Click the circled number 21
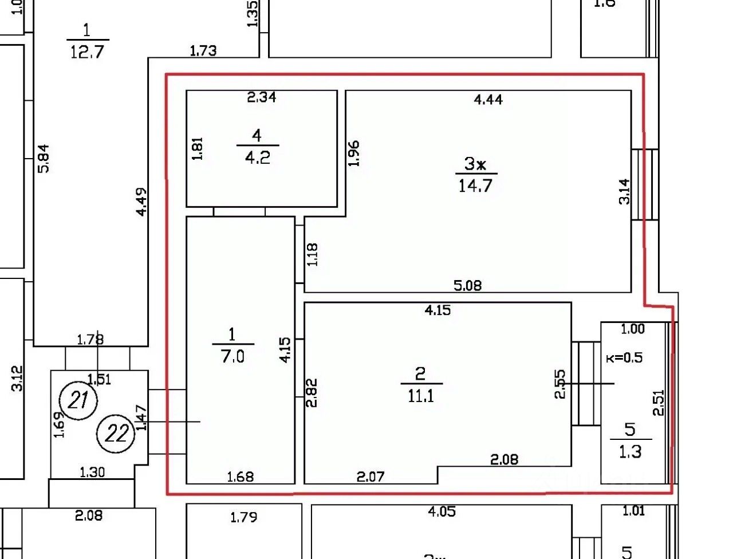[79, 399]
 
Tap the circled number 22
[116, 433]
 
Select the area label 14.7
[475, 186]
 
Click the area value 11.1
[421, 395]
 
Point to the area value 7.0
[232, 356]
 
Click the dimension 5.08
[467, 285]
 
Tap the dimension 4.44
[488, 100]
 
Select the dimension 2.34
[262, 97]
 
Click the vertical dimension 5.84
[44, 158]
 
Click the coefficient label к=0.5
[624, 358]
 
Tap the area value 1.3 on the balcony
[630, 452]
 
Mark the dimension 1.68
[241, 477]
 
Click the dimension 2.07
[371, 476]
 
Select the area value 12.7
[87, 52]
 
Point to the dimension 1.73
[203, 51]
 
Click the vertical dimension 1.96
[353, 153]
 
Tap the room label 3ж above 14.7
[475, 164]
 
